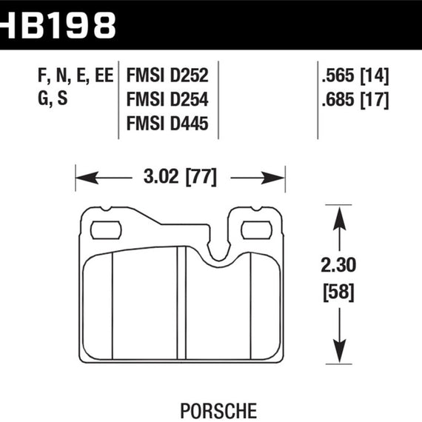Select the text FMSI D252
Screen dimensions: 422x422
point(168,76)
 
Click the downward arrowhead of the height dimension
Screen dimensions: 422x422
point(339,351)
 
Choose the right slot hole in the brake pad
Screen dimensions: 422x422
point(255,230)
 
